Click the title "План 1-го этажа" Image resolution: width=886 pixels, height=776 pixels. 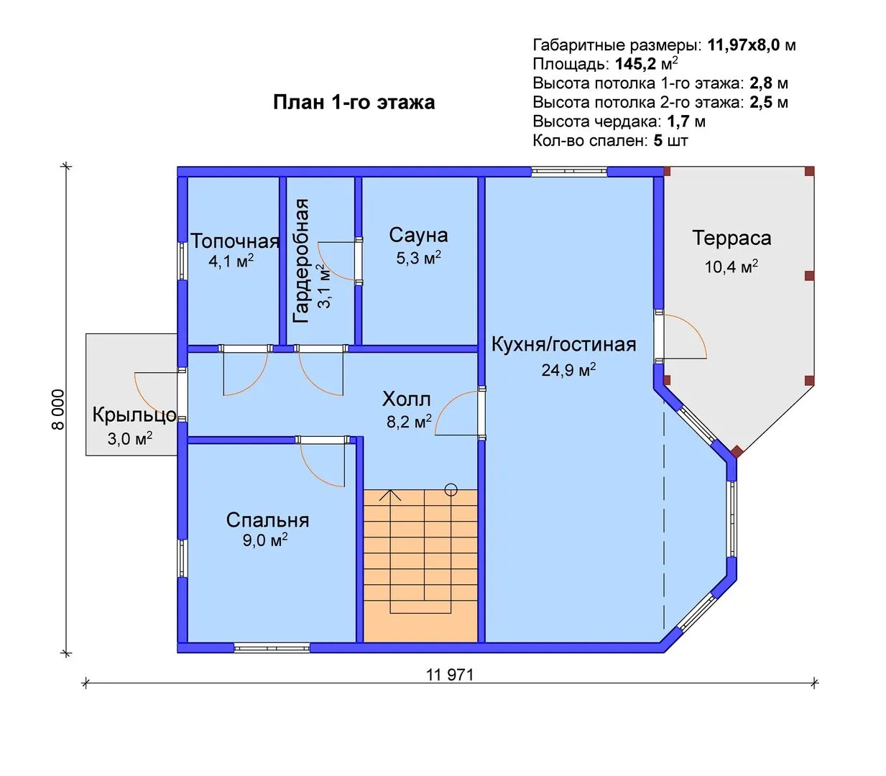[x=354, y=103]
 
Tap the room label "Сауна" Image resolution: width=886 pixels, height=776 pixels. [x=418, y=235]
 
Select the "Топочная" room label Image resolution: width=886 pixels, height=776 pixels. [x=235, y=241]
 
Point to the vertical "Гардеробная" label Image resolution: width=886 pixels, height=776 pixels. [x=301, y=261]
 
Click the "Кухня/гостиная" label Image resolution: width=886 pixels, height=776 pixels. [x=564, y=345]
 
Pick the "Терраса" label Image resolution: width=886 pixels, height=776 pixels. [x=732, y=238]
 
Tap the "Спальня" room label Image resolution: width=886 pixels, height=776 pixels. [x=267, y=520]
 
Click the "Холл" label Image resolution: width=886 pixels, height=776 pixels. [x=406, y=399]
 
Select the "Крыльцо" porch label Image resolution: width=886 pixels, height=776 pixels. [x=134, y=415]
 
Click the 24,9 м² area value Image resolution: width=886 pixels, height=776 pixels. [x=568, y=369]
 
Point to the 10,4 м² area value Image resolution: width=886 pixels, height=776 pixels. [x=731, y=267]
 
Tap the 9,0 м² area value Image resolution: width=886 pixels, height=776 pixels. [x=265, y=540]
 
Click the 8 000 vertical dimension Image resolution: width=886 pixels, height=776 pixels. [x=58, y=410]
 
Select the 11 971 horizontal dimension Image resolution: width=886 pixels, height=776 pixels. [x=450, y=675]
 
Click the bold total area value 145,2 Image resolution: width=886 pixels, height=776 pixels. [x=636, y=64]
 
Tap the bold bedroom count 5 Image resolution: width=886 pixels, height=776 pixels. [x=658, y=140]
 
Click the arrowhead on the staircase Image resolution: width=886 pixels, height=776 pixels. [x=390, y=495]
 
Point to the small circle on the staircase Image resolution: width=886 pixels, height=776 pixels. [x=451, y=490]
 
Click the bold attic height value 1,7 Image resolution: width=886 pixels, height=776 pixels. [x=678, y=121]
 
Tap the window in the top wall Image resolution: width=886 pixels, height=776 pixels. [x=569, y=172]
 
